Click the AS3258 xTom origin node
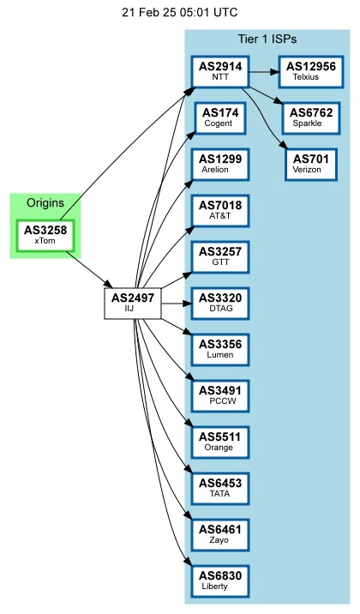coord(45,234)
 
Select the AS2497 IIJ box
coord(129,303)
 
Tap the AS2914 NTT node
coord(220,71)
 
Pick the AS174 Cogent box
coord(220,117)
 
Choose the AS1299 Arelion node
coord(220,164)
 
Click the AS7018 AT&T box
coord(220,210)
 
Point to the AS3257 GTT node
coord(220,256)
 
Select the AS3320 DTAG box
coord(220,303)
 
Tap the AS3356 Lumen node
coord(220,349)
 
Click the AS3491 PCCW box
coord(220,395)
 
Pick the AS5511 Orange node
coord(220,442)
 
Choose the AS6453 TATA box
coord(220,488)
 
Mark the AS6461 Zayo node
coord(220,534)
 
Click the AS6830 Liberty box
coord(220,581)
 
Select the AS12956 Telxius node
coord(310,71)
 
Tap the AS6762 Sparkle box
coord(310,117)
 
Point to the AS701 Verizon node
coord(310,164)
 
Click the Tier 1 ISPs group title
coord(267,40)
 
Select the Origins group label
coord(45,203)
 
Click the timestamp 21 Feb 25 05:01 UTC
coord(180,13)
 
